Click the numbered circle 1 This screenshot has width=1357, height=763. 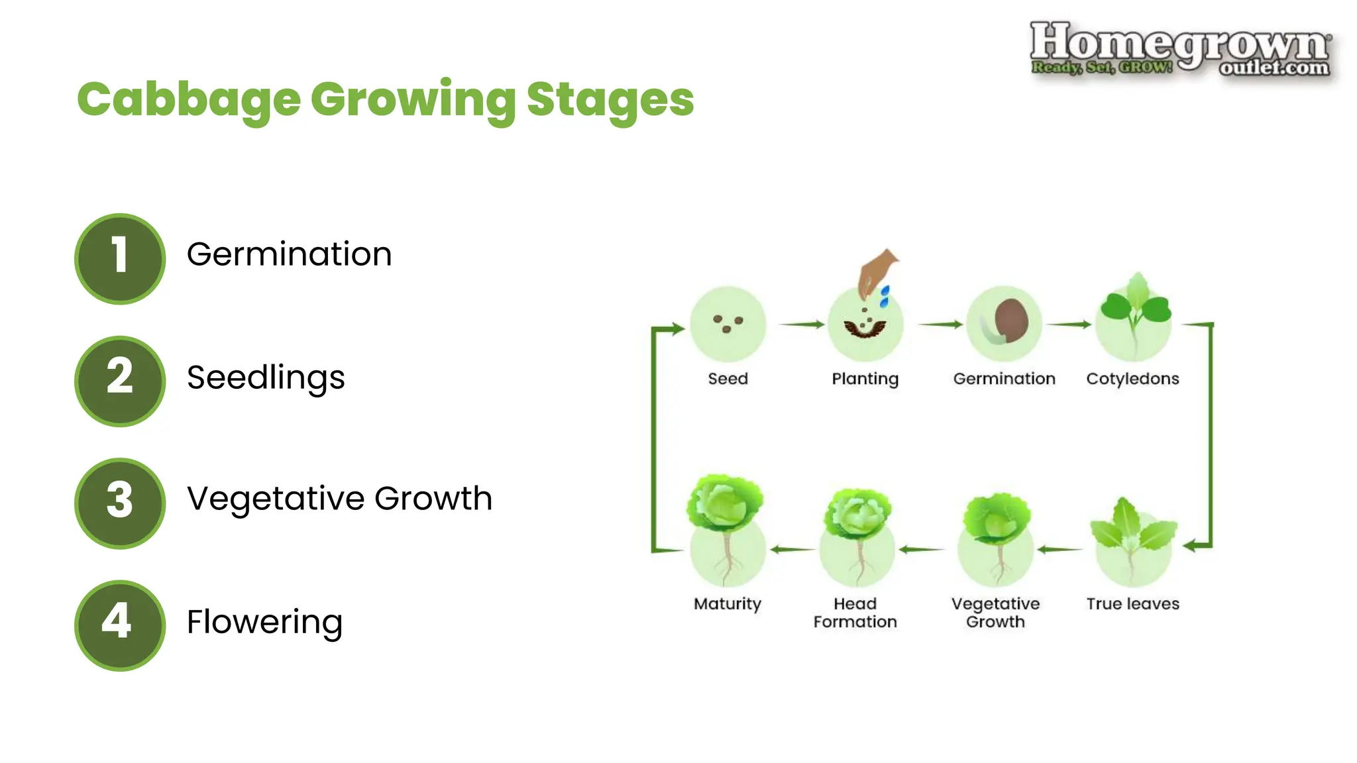pos(120,258)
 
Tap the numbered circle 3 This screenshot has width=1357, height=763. pos(120,503)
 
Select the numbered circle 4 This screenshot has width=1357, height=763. pos(120,625)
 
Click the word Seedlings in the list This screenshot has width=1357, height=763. pos(266,378)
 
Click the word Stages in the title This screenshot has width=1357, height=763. pos(610,99)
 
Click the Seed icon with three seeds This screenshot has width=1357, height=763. pos(728,324)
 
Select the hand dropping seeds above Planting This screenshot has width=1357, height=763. pos(875,272)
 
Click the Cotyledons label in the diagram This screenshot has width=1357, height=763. pos(1132,379)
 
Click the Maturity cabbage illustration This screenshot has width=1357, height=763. pos(726,523)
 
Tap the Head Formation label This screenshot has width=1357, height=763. pos(855,613)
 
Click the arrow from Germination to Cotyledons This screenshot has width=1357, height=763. pos(1068,324)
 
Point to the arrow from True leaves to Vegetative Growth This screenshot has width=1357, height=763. pos(1060,549)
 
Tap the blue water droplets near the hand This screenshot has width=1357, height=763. pos(884,296)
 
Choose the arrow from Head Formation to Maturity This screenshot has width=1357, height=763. pos(791,549)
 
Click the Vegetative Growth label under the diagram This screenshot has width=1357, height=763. pos(995,613)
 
